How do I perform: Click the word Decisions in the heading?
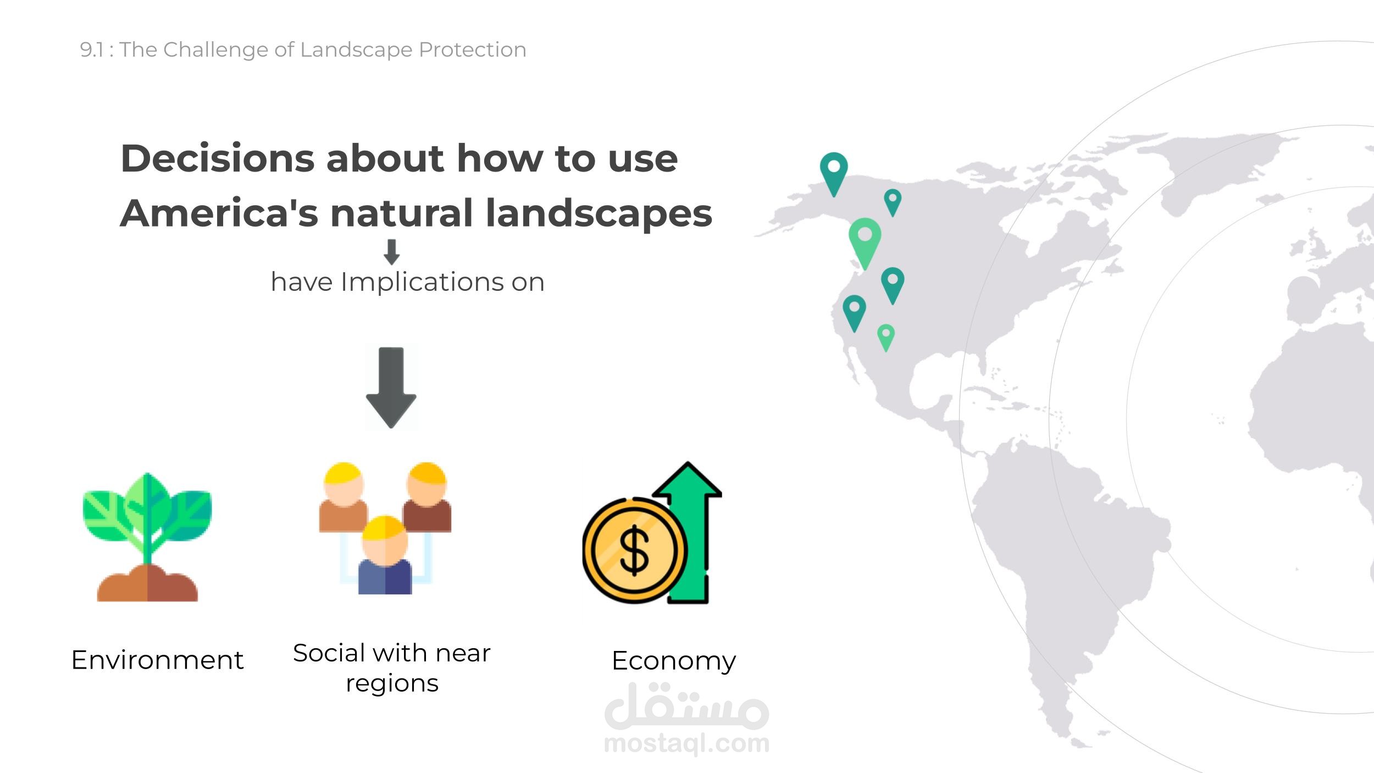tap(217, 158)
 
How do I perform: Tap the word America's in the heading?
tap(219, 213)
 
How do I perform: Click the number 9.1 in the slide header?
tap(91, 50)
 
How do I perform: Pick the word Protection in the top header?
tap(473, 50)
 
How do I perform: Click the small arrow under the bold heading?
tap(391, 252)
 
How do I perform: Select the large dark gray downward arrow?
tap(391, 388)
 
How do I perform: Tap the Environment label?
tap(157, 660)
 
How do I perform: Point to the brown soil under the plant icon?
tap(147, 584)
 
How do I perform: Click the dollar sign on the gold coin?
tap(634, 550)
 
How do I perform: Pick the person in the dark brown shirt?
tap(426, 498)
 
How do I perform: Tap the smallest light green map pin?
tap(885, 338)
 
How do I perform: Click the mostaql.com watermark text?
tap(686, 743)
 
